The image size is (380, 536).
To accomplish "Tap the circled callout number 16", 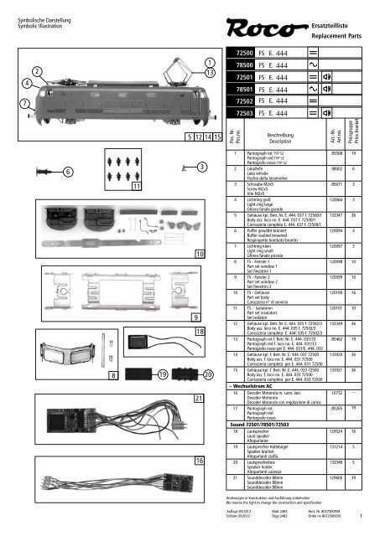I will coord(198,483).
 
